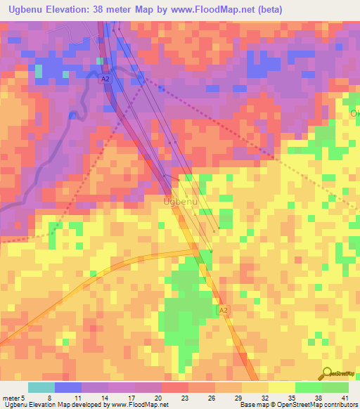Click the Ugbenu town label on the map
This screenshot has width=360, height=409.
[x=181, y=202]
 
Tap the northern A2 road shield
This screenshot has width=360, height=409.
[x=105, y=80]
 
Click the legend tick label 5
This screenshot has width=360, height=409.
[x=23, y=398]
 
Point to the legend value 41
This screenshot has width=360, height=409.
[x=345, y=398]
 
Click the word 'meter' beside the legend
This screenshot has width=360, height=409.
[x=11, y=398]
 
